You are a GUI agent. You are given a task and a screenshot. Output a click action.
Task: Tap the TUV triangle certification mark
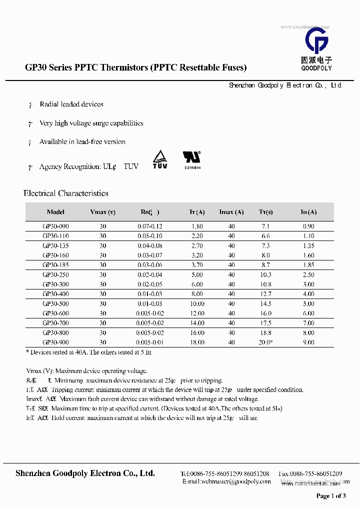(x=159, y=159)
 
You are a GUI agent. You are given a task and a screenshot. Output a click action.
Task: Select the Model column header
(x=55, y=212)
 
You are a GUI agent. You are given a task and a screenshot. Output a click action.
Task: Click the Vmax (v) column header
(x=102, y=212)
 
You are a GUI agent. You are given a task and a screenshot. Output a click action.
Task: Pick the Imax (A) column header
(x=231, y=212)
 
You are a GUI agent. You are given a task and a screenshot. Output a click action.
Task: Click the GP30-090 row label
(x=55, y=226)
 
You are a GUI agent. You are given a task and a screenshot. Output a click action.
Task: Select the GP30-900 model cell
(x=55, y=342)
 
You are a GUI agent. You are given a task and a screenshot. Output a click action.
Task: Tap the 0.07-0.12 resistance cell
(x=150, y=226)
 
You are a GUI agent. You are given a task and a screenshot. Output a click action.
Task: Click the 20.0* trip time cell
(x=266, y=342)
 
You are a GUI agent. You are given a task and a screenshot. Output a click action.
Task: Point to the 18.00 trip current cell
(x=197, y=342)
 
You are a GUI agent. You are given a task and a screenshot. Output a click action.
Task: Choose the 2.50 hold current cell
(x=308, y=275)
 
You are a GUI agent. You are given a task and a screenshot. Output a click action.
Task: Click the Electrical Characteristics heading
(x=66, y=193)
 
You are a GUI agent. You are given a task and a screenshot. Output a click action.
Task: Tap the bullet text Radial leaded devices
(x=71, y=104)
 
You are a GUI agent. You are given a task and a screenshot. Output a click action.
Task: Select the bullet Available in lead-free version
(x=82, y=142)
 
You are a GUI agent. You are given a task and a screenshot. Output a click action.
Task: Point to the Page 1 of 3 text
(x=331, y=496)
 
